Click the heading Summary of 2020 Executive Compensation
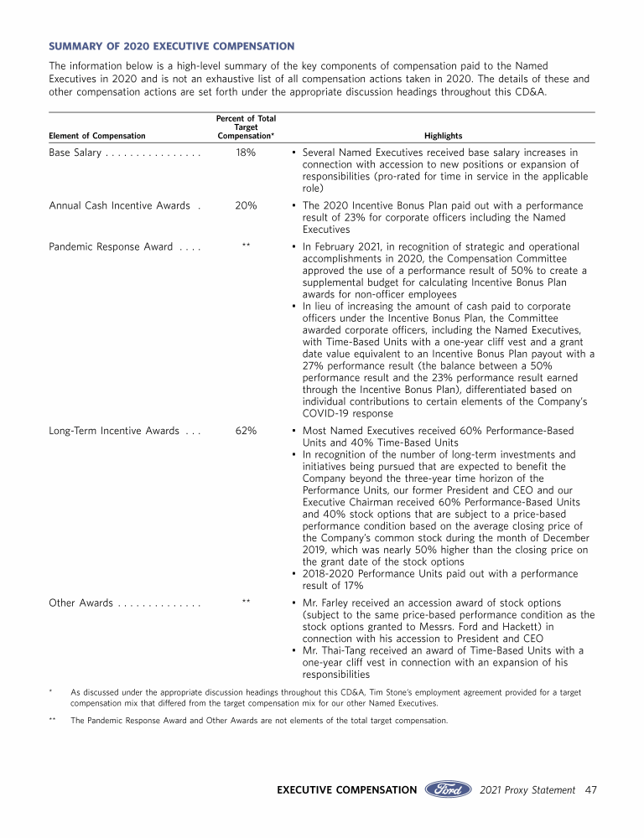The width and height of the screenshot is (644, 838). click(x=172, y=46)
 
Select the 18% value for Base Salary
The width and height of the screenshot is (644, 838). click(x=246, y=153)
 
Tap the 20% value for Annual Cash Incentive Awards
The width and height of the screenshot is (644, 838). click(x=246, y=205)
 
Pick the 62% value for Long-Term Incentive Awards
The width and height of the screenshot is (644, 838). click(x=246, y=431)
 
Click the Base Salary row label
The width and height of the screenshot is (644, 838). click(x=75, y=153)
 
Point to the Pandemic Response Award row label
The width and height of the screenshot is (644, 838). click(x=111, y=247)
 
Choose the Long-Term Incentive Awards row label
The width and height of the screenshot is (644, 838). click(x=113, y=431)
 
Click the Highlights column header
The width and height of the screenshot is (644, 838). click(x=443, y=136)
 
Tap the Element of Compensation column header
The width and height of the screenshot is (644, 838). click(x=97, y=136)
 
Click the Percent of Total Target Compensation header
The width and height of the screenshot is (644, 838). click(x=246, y=127)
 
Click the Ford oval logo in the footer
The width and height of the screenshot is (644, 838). click(x=448, y=789)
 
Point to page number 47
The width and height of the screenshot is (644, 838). click(x=590, y=790)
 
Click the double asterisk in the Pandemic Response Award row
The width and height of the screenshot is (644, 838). click(x=246, y=246)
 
